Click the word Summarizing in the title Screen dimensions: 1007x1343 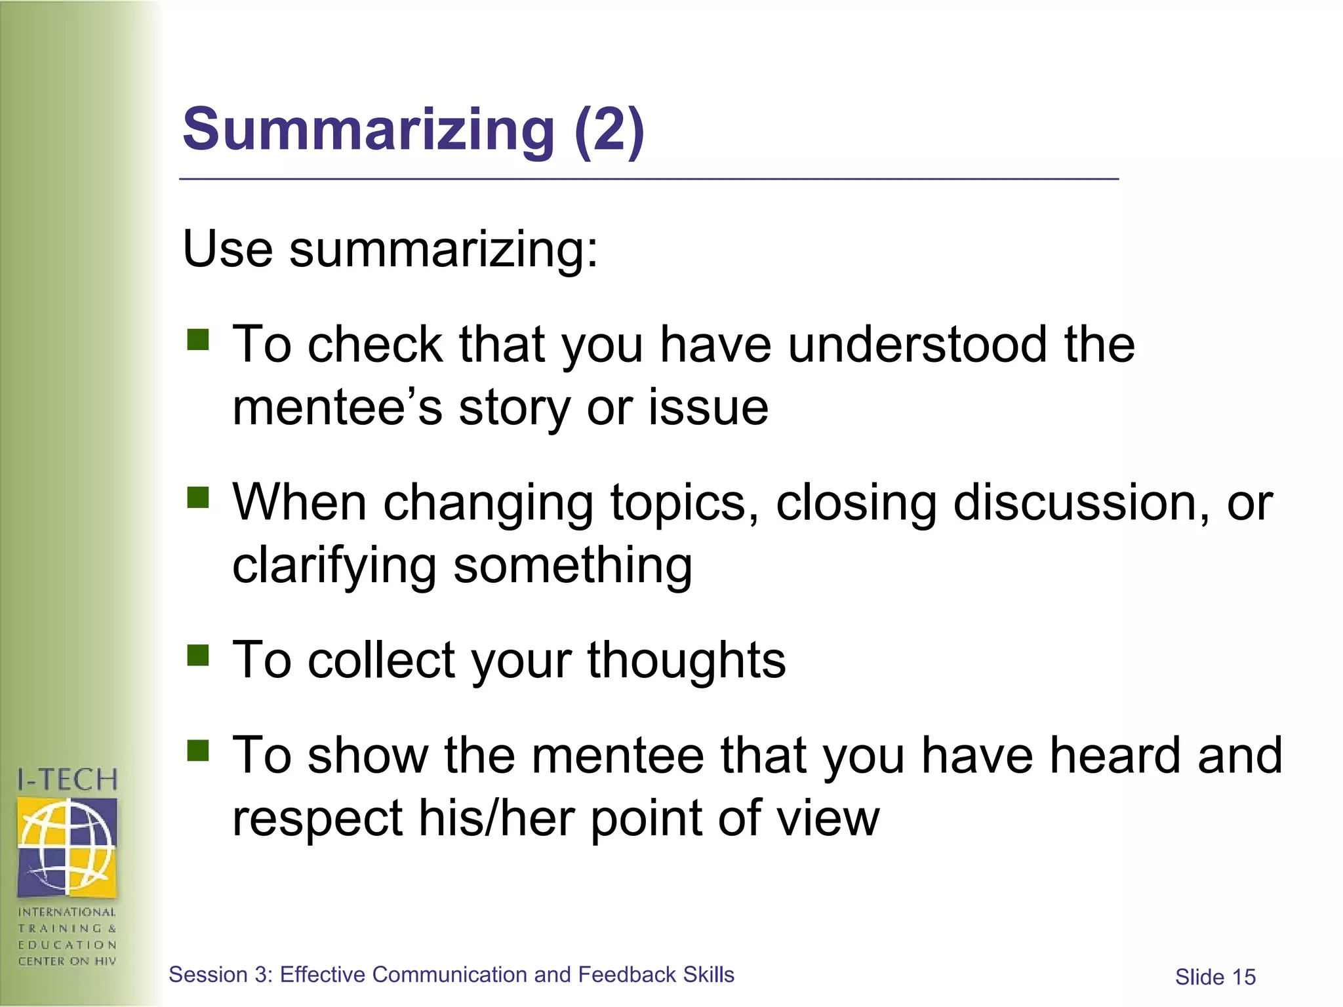pos(369,129)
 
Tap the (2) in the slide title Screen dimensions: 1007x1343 pos(609,129)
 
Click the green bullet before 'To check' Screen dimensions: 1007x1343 pos(197,340)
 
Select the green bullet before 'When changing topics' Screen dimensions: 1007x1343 pos(197,497)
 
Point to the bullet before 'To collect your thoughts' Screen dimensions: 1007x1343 pos(197,654)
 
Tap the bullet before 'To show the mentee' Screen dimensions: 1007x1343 pos(197,750)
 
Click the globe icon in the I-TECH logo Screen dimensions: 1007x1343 pos(68,846)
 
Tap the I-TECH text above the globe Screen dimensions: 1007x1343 pos(68,780)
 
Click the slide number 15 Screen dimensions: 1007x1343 pos(1243,977)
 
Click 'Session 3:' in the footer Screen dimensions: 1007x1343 pos(220,975)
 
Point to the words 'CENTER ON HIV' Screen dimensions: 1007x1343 pos(68,961)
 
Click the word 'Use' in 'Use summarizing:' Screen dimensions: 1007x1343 pos(228,249)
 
